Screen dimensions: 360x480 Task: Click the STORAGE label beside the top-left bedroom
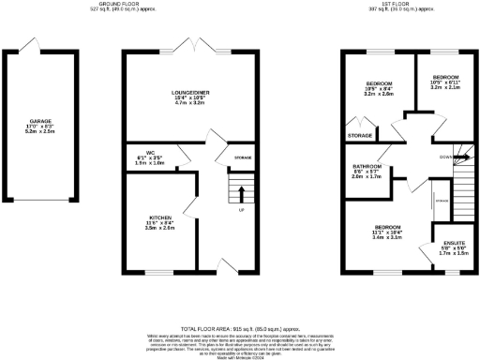360,136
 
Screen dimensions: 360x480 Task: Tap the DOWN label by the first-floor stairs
443,157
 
